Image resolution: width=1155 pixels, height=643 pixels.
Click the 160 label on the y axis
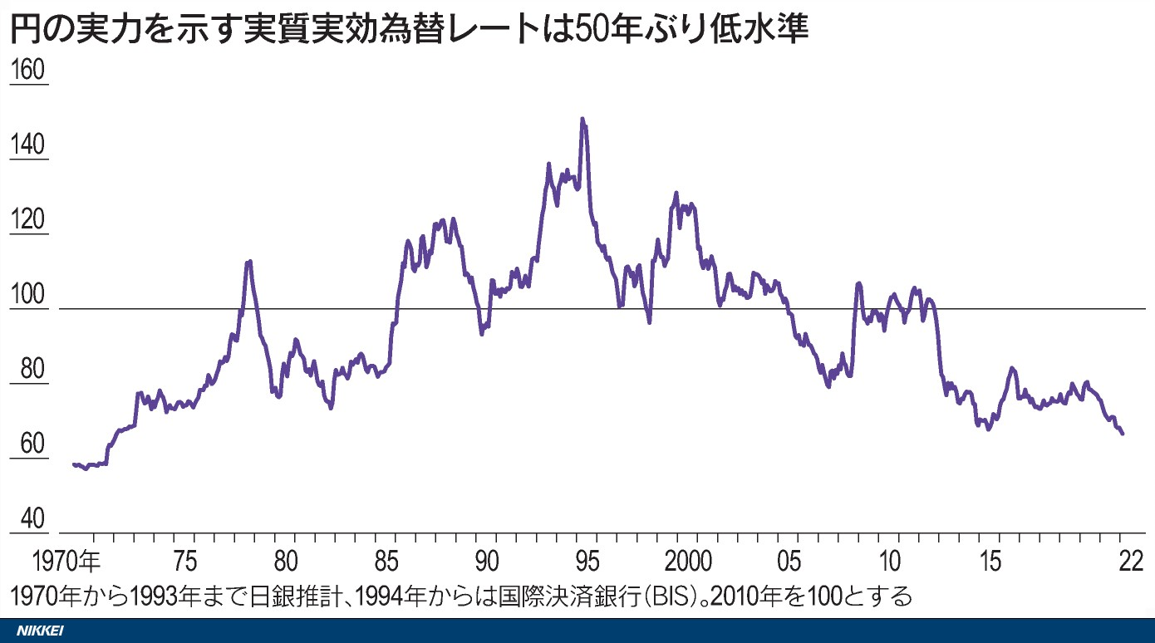(x=27, y=71)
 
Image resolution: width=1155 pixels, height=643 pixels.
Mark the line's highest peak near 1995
(x=582, y=120)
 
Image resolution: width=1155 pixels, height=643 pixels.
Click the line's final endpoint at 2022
(x=1123, y=434)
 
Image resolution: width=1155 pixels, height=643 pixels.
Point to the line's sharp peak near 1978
(x=248, y=262)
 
